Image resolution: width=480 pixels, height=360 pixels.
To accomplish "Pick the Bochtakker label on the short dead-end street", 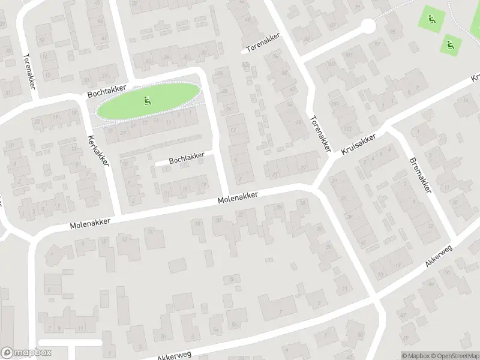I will [x=187, y=158].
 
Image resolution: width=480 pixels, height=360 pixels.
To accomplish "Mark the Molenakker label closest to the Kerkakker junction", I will [x=90, y=223].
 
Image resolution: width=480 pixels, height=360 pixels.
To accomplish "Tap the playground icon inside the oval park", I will [x=148, y=100].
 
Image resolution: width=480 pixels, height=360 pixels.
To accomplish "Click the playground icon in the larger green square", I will [x=431, y=19].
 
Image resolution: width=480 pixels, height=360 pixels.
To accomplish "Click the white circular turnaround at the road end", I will [x=367, y=26].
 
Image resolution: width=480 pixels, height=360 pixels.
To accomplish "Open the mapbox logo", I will [x=25, y=353].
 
